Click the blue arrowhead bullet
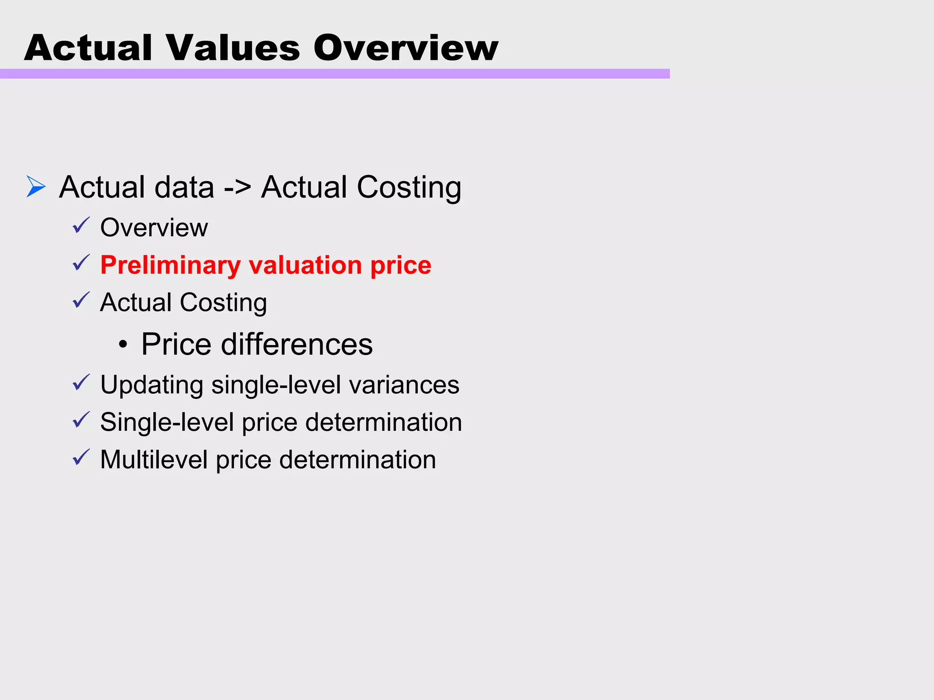coord(36,187)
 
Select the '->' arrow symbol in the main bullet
coord(238,188)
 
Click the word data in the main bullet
coord(185,188)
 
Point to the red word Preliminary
coord(170,265)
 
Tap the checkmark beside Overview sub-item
coord(81,225)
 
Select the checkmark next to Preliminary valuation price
coord(81,263)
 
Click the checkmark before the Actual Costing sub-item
coord(81,300)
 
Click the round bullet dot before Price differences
coord(122,345)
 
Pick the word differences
coord(297,344)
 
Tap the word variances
coord(404,385)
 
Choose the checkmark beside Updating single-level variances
coord(81,382)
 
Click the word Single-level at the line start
coord(167,422)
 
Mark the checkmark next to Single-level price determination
coord(81,420)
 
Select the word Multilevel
coord(154,460)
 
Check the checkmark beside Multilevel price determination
coord(81,457)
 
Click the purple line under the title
coord(335,74)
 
